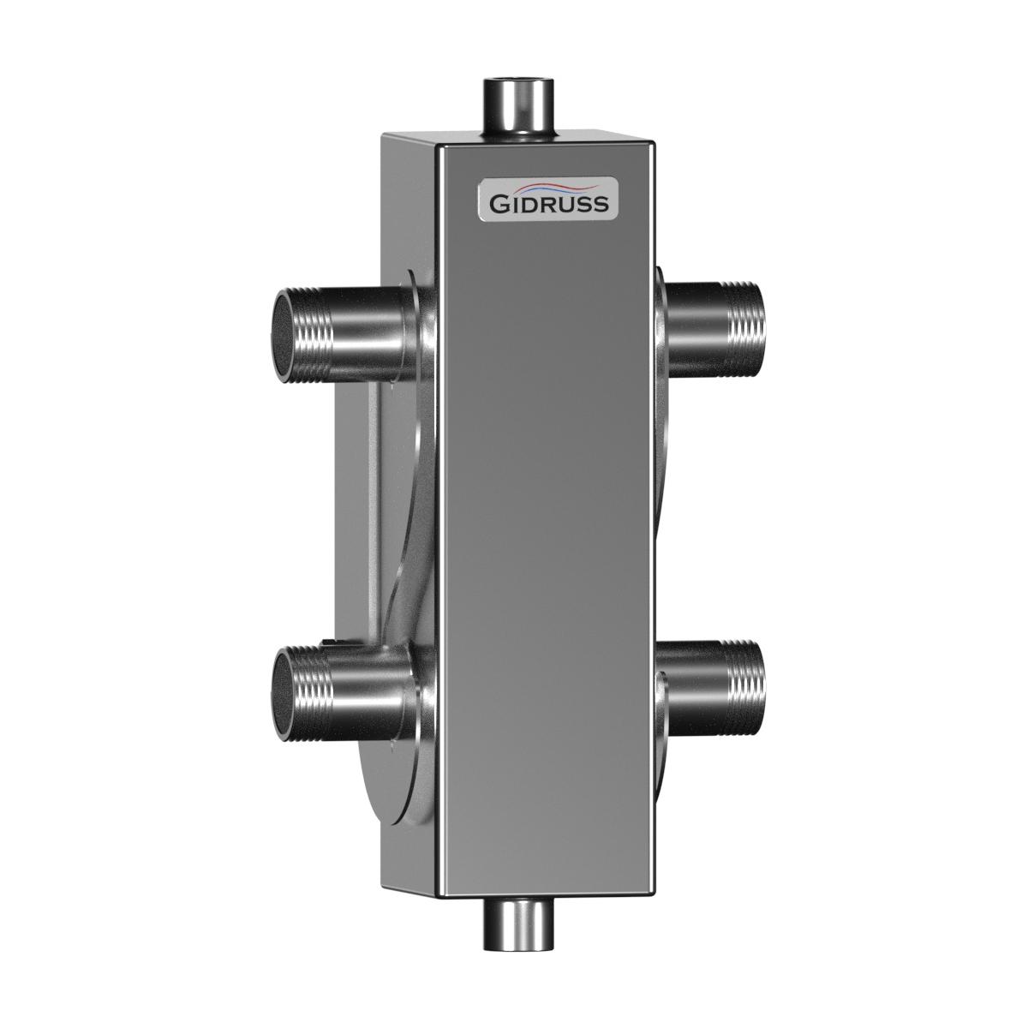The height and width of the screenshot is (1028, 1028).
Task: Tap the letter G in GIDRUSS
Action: pyautogui.click(x=499, y=205)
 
